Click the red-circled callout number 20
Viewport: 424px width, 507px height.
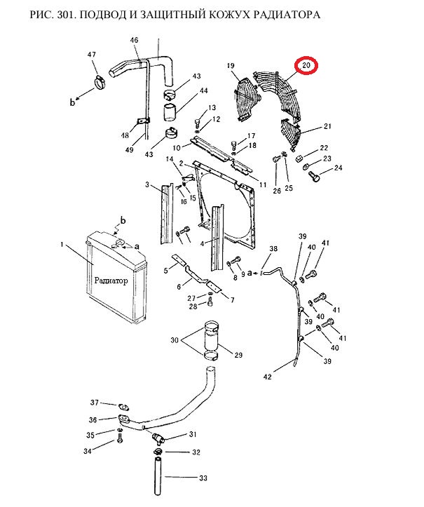pos(306,65)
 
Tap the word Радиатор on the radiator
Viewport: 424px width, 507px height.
pos(111,280)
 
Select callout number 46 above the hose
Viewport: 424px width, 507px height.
pos(134,40)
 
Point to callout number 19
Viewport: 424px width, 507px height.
pos(231,66)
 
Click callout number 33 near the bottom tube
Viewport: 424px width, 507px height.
pos(203,478)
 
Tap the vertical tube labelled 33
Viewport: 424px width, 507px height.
pos(158,477)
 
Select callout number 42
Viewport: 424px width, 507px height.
pos(268,377)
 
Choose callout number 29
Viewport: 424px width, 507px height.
pos(238,355)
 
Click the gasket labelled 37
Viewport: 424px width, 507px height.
pos(123,407)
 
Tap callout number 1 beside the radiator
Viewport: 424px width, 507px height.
pos(62,244)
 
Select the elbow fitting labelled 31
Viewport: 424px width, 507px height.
pos(158,438)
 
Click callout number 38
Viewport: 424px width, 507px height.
pos(273,249)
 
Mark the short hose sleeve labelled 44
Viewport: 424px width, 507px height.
pos(170,112)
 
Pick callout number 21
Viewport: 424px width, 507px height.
pos(327,126)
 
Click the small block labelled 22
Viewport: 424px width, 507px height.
pos(299,158)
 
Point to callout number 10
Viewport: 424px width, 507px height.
pos(177,148)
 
